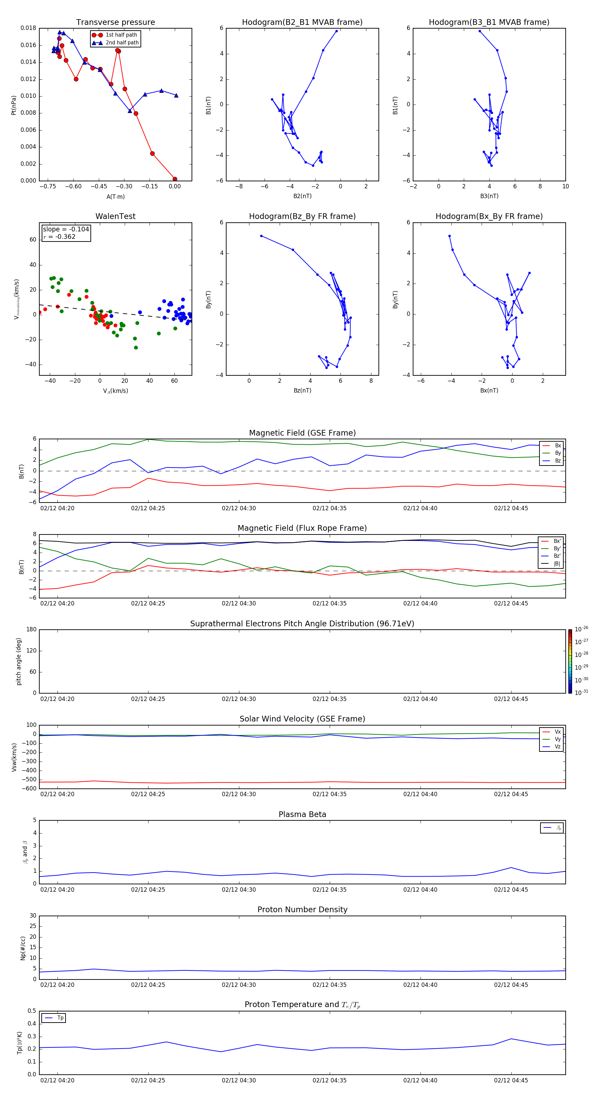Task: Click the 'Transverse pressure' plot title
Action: (115, 23)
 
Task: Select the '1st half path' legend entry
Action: (121, 35)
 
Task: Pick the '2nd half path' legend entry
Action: (122, 43)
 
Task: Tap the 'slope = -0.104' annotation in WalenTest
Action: (66, 229)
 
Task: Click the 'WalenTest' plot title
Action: (115, 216)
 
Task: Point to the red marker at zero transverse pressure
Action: (175, 179)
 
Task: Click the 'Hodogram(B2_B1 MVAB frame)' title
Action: (302, 23)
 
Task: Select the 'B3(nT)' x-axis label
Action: (489, 196)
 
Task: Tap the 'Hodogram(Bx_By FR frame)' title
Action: (489, 216)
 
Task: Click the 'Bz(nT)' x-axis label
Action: (302, 391)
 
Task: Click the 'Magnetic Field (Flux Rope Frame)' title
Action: (302, 528)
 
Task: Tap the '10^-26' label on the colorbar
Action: (581, 629)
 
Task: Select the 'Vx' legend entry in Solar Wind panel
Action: (557, 732)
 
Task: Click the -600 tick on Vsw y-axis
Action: (29, 788)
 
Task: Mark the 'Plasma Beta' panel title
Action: (302, 814)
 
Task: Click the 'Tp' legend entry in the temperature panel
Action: (60, 1018)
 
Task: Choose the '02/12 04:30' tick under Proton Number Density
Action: (239, 985)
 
